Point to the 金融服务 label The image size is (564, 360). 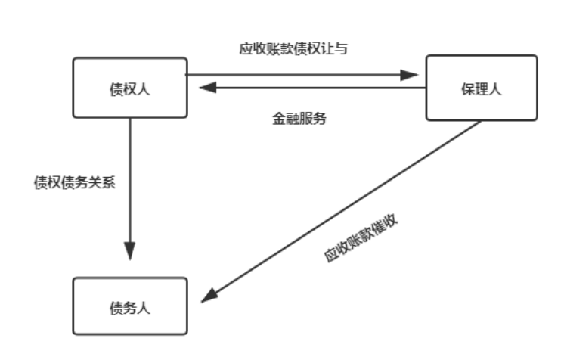pos(299,119)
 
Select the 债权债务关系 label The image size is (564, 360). pos(75,183)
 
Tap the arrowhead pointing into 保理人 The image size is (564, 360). pos(410,75)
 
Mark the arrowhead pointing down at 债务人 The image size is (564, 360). pos(129,251)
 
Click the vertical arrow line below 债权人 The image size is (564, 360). pos(129,182)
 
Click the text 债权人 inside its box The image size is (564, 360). pos(129,89)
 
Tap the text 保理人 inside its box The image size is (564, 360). pos(482,89)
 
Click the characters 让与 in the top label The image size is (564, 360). pos(336,48)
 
